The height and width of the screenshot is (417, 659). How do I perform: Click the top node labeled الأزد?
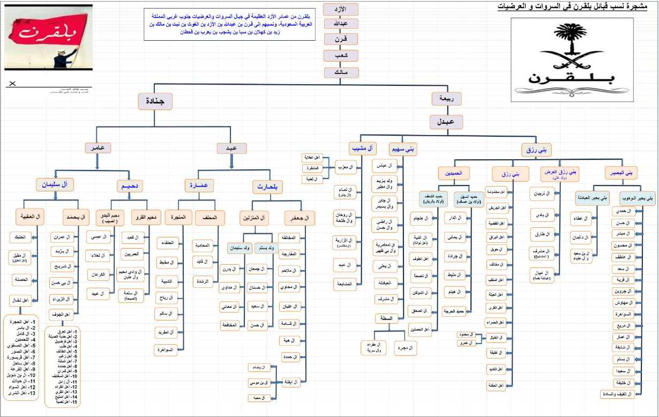click(341, 10)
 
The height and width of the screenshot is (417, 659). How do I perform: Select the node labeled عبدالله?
click(341, 25)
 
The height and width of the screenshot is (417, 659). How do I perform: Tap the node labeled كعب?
click(341, 56)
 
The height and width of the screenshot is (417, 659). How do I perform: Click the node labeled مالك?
click(341, 72)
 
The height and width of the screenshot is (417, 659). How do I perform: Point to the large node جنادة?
click(155, 101)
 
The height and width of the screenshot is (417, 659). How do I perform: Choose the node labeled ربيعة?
click(446, 99)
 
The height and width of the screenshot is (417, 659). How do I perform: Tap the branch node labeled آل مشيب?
click(363, 148)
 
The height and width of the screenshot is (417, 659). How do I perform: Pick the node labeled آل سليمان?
click(55, 185)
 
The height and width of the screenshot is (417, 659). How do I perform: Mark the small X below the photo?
click(13, 84)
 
